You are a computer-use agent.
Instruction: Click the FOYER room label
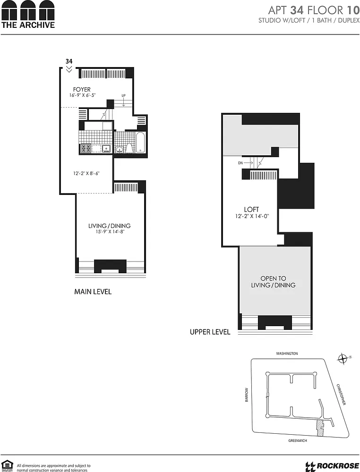pyautogui.click(x=82, y=89)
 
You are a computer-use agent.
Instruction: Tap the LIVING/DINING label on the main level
pyautogui.click(x=109, y=226)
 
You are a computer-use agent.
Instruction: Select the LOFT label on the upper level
pyautogui.click(x=251, y=210)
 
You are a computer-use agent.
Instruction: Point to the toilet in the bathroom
pyautogui.click(x=129, y=148)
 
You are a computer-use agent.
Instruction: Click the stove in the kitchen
pyautogui.click(x=86, y=148)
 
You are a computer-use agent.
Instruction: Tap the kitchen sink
pyautogui.click(x=106, y=148)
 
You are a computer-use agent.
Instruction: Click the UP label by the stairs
pyautogui.click(x=123, y=95)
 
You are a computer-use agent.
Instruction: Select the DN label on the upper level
pyautogui.click(x=240, y=163)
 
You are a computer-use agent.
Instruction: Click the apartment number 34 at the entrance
pyautogui.click(x=69, y=61)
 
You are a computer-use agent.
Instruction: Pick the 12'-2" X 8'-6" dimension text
pyautogui.click(x=86, y=173)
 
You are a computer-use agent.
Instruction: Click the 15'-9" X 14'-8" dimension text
pyautogui.click(x=110, y=232)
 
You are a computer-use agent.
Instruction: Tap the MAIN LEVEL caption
pyautogui.click(x=93, y=291)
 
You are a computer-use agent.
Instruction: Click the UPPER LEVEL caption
pyautogui.click(x=210, y=332)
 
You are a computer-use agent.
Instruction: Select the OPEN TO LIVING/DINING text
pyautogui.click(x=273, y=282)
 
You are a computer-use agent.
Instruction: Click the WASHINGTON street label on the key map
pyautogui.click(x=287, y=354)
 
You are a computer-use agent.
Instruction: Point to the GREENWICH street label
pyautogui.click(x=298, y=440)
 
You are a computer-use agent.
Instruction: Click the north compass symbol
pyautogui.click(x=343, y=359)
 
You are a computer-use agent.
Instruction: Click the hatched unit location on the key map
pyautogui.click(x=319, y=428)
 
